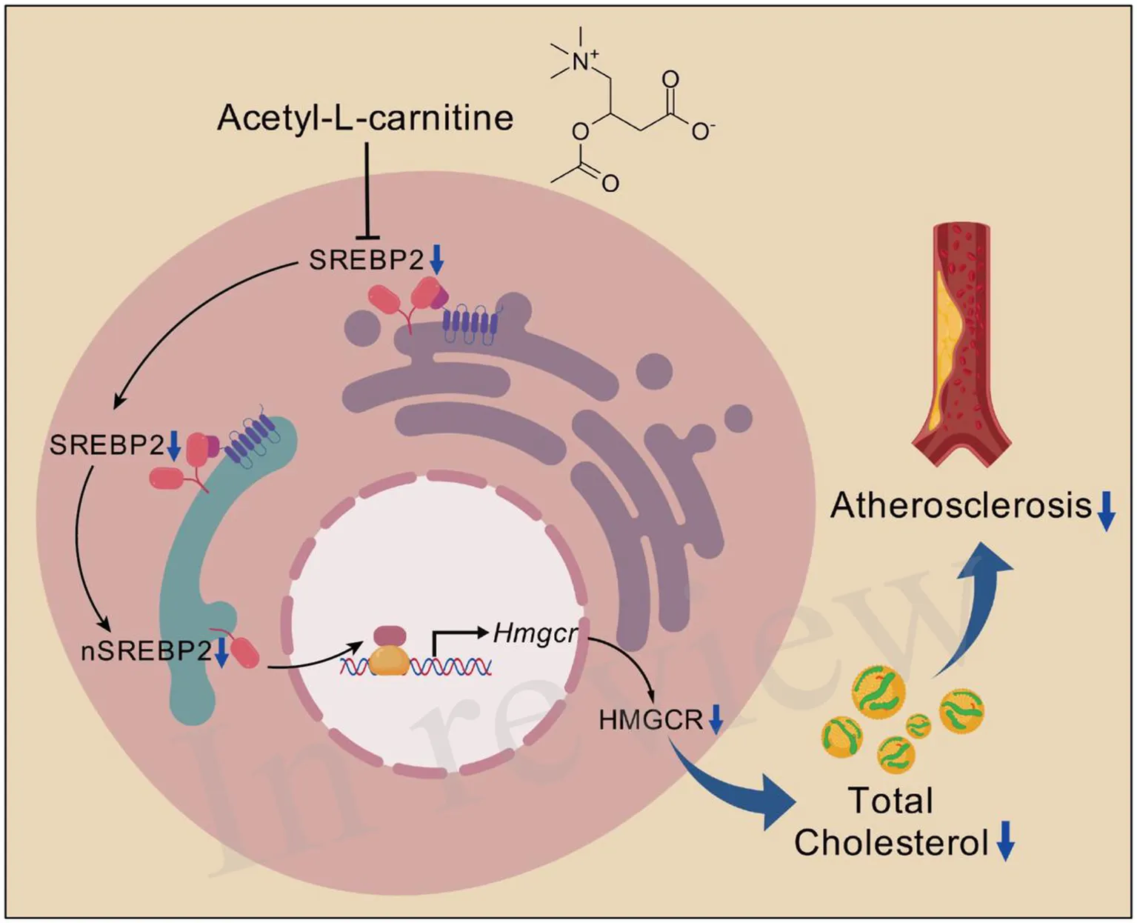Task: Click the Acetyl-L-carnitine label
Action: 365,118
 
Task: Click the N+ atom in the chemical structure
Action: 583,61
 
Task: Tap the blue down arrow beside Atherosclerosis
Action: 1105,511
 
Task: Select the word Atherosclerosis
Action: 961,506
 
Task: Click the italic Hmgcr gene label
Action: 534,634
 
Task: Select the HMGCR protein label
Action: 650,719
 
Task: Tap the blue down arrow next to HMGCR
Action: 716,719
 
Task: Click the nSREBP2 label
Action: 146,650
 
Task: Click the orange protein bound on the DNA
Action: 389,662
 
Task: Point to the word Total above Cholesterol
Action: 890,801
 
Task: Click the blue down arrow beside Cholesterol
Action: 1004,842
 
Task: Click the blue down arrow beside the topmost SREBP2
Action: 437,259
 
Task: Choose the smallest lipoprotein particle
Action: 918,725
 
